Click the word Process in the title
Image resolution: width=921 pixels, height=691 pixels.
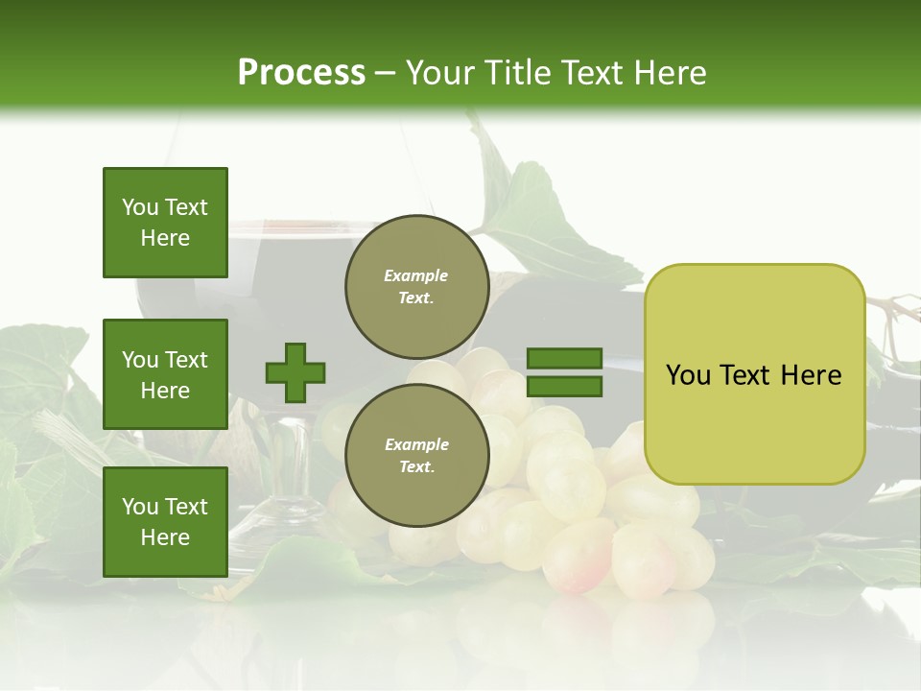301,73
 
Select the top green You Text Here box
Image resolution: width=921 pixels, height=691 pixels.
165,223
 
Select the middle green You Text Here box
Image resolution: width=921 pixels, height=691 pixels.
165,374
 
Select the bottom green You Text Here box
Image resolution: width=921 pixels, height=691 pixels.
165,522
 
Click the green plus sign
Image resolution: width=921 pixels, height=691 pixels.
295,372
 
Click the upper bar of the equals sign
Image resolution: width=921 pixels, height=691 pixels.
564,359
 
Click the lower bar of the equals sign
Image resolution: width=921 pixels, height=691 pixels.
564,387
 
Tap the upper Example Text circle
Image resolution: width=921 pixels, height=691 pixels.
416,286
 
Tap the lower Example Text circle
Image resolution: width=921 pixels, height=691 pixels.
416,455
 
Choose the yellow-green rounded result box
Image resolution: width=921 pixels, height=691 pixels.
754,374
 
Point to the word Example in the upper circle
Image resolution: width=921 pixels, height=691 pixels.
416,275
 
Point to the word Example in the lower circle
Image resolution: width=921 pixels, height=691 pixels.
416,444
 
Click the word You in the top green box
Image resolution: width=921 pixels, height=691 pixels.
140,207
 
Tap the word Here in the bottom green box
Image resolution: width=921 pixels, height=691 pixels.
165,537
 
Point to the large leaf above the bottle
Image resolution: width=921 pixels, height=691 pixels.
542,216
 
